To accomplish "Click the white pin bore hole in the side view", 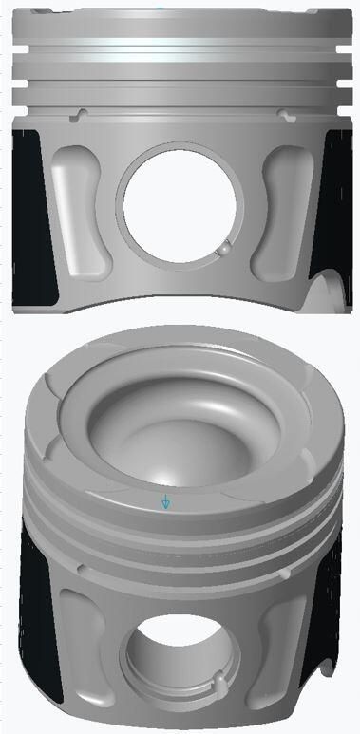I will point(179,207).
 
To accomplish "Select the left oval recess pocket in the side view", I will point(74,216).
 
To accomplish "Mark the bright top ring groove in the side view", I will point(180,47).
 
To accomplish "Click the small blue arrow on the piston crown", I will point(165,500).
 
